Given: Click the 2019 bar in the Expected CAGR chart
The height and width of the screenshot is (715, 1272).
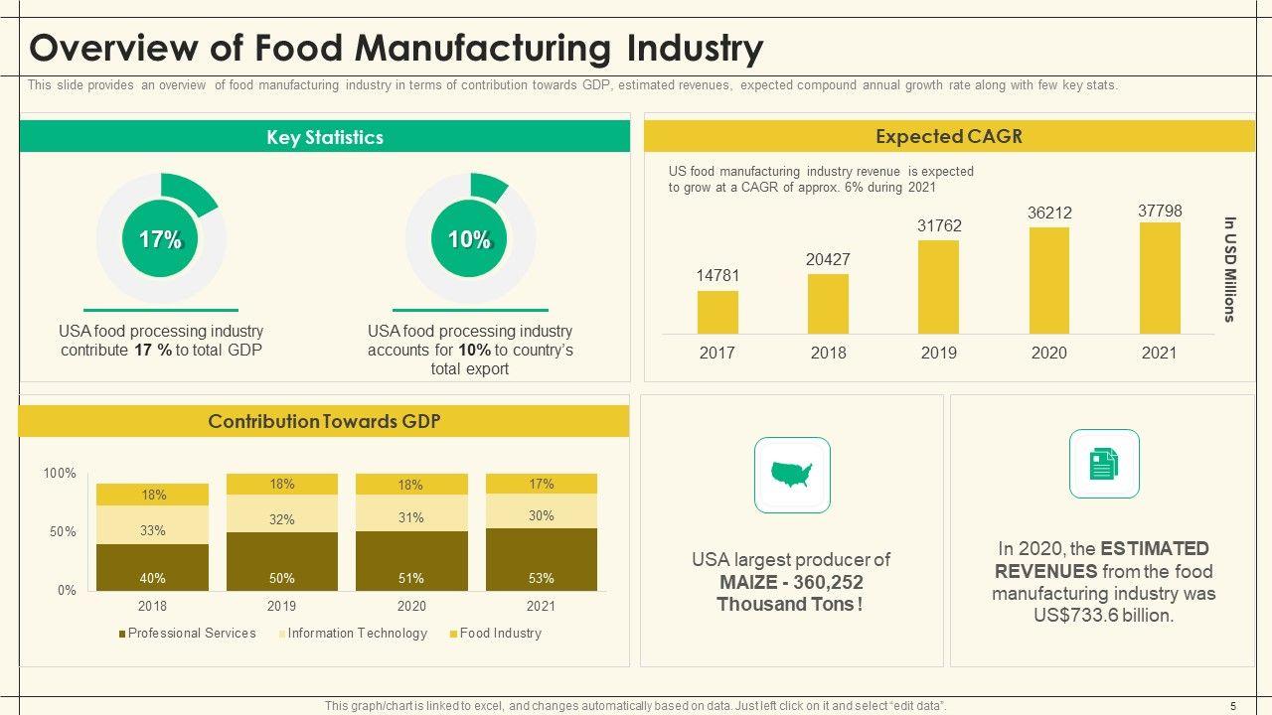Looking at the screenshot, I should (938, 287).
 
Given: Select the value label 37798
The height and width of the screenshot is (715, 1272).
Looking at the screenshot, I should (1160, 211).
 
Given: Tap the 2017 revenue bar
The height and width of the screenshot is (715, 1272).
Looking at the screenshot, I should (717, 312).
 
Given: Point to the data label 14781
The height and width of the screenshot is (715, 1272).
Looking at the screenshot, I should (717, 275).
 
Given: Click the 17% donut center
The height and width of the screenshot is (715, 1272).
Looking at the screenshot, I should (160, 239).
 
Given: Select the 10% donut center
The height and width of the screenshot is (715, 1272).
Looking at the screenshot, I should (469, 239).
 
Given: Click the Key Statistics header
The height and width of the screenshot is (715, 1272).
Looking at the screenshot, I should (324, 137).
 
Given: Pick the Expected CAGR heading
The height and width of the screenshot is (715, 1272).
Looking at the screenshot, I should (948, 137).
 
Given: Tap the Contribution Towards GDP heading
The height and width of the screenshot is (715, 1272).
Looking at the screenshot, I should (324, 421).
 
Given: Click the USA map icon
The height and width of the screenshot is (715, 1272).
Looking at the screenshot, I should (792, 475).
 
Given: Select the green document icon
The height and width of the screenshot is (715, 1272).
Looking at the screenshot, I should (1103, 464).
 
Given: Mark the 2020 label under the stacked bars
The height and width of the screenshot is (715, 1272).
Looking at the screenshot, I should (411, 606).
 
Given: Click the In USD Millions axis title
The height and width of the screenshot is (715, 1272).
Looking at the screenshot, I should (1229, 269).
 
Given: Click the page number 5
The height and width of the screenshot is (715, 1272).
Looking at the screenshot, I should (1233, 706).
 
